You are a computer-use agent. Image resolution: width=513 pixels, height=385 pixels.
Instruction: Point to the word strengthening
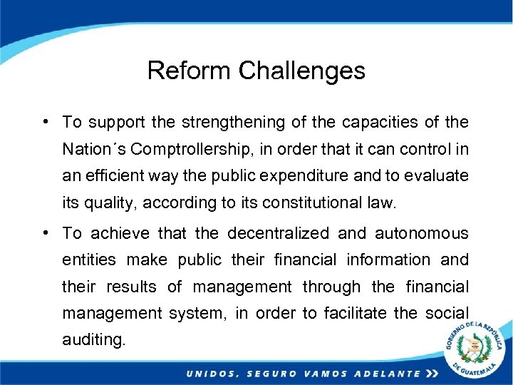[234, 123]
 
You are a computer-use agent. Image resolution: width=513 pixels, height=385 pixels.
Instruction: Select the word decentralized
[279, 233]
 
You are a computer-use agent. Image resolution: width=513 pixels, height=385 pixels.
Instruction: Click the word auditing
[93, 339]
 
